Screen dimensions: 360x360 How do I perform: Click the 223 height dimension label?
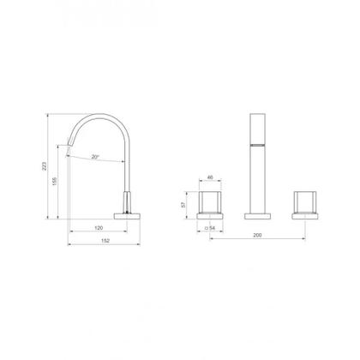click(x=44, y=166)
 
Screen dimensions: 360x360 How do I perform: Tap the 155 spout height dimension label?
click(x=55, y=181)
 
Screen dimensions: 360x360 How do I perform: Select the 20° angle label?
click(x=95, y=157)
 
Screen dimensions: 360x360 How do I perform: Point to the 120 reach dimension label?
click(x=99, y=228)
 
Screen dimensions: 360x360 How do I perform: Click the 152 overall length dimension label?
click(x=105, y=241)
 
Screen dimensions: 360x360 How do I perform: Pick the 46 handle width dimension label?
click(x=210, y=177)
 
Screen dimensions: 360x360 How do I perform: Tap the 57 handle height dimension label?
click(x=183, y=205)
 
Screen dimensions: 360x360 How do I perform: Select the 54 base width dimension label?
click(x=210, y=228)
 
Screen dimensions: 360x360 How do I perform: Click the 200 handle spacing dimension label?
click(x=257, y=235)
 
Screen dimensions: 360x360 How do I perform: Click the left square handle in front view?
click(x=210, y=202)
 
